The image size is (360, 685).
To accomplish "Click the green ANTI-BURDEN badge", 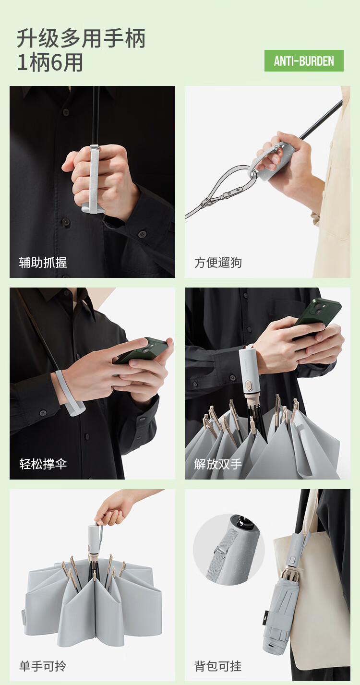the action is [304, 61].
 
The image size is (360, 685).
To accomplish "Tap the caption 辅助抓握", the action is [43, 263].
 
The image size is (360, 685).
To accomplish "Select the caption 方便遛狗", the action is [218, 263].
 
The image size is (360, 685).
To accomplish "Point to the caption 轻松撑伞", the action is [43, 464].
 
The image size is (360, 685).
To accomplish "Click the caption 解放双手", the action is [218, 464].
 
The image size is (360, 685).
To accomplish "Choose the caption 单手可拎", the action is [43, 666].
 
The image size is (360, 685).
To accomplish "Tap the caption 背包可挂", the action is [218, 666].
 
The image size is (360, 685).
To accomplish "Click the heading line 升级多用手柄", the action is [81, 38].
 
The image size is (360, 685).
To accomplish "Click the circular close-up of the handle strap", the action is [229, 549].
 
